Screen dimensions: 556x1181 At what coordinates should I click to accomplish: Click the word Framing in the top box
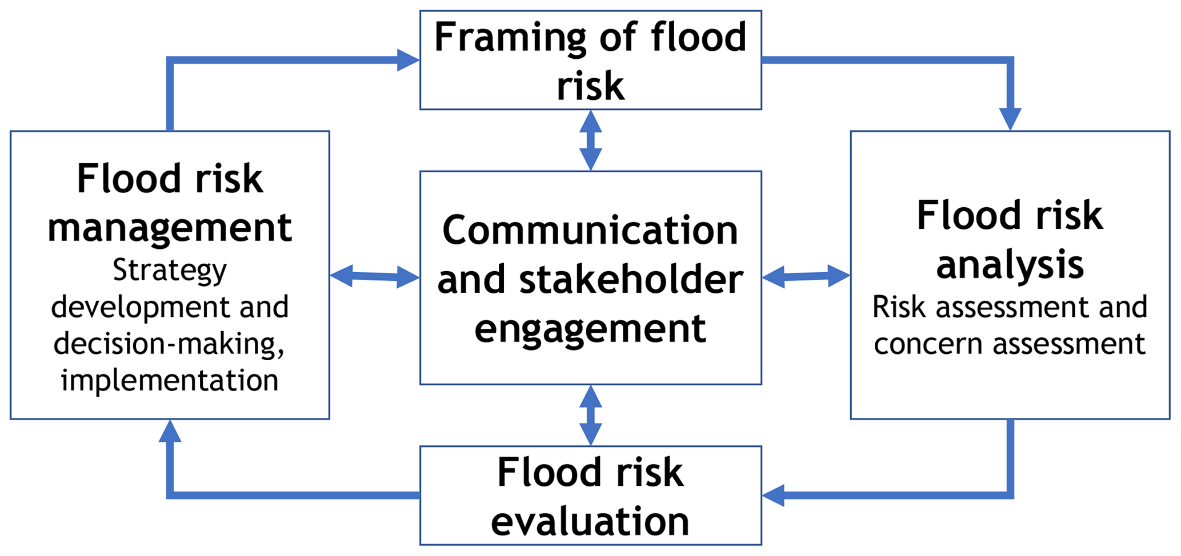[509, 38]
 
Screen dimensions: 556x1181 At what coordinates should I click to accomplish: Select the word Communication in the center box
[590, 231]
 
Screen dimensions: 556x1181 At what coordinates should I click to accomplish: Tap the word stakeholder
[631, 280]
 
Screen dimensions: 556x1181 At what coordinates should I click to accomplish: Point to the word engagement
[590, 329]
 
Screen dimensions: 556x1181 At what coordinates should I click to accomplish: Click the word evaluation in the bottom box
[590, 521]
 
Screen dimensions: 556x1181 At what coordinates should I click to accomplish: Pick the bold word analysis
[1010, 265]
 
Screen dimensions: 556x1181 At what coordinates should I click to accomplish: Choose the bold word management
[170, 227]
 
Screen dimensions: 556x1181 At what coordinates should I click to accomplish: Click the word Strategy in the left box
[170, 271]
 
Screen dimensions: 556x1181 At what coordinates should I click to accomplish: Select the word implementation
[170, 380]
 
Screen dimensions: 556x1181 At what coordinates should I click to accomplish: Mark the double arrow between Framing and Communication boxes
[590, 140]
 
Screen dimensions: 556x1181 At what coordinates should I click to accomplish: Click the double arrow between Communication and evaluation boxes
[590, 415]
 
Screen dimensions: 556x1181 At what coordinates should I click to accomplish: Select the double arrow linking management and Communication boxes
[375, 276]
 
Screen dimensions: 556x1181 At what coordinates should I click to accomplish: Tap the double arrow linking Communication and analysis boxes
[806, 276]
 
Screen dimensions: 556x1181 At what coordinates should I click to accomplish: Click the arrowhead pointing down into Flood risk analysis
[1010, 119]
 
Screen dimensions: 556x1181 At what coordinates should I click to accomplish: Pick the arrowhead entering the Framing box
[408, 60]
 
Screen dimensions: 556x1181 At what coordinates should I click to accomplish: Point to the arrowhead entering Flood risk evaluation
[774, 495]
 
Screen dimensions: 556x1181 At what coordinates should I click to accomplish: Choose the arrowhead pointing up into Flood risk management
[170, 432]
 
